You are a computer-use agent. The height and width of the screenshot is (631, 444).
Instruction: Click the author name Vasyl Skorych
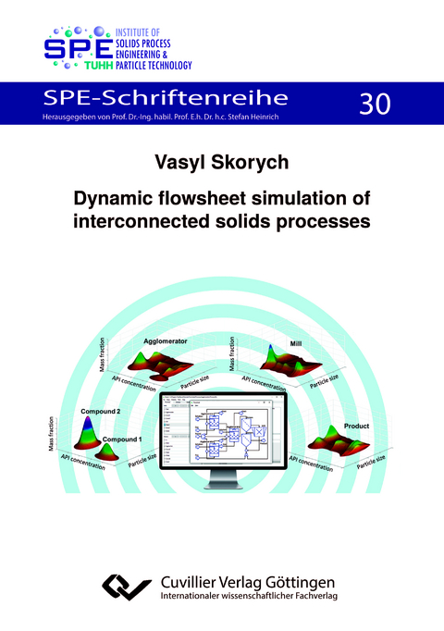(221, 164)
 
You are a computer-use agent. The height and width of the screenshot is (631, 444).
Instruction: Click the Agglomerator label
(166, 342)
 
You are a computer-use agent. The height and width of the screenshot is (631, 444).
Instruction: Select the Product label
(357, 426)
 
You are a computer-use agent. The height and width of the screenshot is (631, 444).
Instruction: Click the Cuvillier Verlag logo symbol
(124, 585)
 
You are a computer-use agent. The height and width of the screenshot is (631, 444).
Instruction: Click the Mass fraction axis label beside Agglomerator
(103, 356)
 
